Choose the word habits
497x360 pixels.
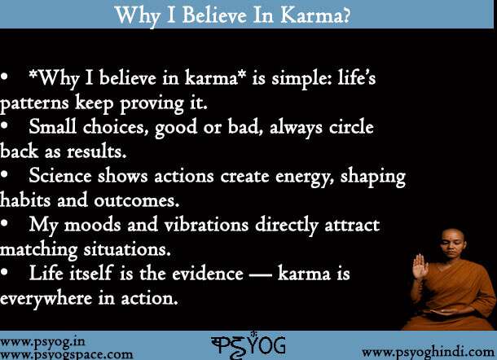click(x=25, y=200)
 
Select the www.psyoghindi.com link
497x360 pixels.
click(x=426, y=351)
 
